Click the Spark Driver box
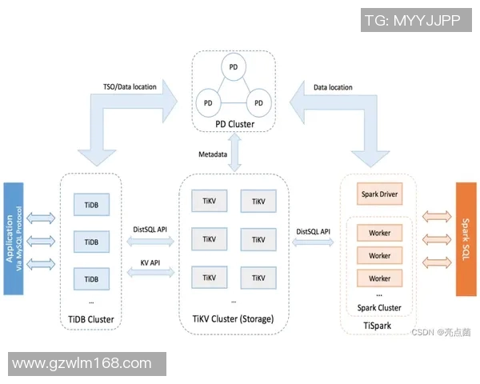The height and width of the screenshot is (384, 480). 380,194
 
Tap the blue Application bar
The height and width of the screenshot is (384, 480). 13,238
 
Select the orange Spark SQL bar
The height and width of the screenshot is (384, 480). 466,238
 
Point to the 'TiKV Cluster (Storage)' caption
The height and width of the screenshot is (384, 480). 233,319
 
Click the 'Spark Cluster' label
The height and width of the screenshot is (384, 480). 380,307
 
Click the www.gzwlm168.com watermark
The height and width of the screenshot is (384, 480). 82,363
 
